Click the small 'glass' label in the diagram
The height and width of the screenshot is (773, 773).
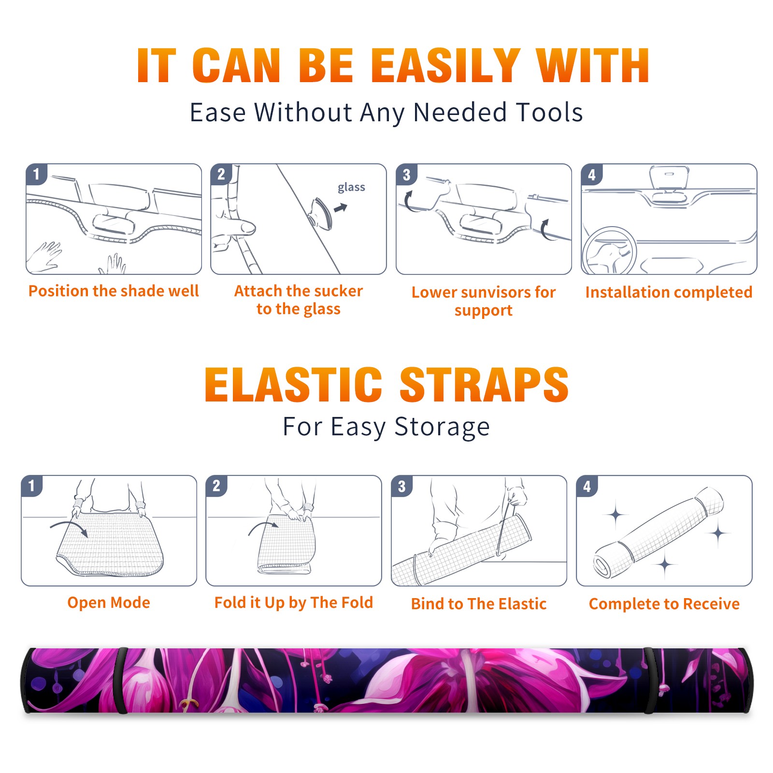pos(351,187)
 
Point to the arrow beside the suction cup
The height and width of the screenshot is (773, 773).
pos(341,208)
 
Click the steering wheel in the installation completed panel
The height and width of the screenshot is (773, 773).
pos(609,251)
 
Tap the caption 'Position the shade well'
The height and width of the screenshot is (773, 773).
pos(114,291)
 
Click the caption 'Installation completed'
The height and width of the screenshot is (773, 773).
pos(669,292)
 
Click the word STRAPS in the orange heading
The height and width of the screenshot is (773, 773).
pos(484,385)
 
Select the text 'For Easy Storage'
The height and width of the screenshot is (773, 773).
pos(386,427)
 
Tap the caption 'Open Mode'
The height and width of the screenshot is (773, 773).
pos(109,602)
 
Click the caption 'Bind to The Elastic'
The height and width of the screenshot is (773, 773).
pos(479,603)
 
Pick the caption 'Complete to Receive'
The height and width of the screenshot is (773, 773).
pos(664,603)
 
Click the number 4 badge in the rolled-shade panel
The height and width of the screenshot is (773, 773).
pos(587,486)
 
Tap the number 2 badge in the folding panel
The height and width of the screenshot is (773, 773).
pos(216,486)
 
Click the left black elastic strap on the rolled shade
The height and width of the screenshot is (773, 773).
pos(122,680)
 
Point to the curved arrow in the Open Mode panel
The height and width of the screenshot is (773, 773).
pos(69,526)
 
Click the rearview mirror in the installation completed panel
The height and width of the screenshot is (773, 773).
pos(669,178)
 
